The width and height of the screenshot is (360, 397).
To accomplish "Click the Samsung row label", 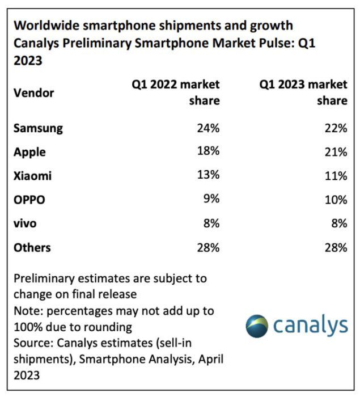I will (x=38, y=128).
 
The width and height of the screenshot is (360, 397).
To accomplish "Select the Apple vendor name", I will (x=29, y=152).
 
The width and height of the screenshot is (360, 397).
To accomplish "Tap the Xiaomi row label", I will (x=32, y=176).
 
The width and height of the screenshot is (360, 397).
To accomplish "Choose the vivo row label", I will (x=25, y=223).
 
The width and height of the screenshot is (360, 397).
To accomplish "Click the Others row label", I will (x=32, y=247).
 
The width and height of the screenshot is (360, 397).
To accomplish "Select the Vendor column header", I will (x=33, y=92).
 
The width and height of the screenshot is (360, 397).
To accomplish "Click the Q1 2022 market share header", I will (x=176, y=92).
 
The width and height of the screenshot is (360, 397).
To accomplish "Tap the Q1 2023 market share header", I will (x=303, y=92).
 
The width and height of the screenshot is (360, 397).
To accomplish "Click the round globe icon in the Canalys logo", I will (x=257, y=326).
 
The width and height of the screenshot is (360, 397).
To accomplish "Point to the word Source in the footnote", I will (x=31, y=344).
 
